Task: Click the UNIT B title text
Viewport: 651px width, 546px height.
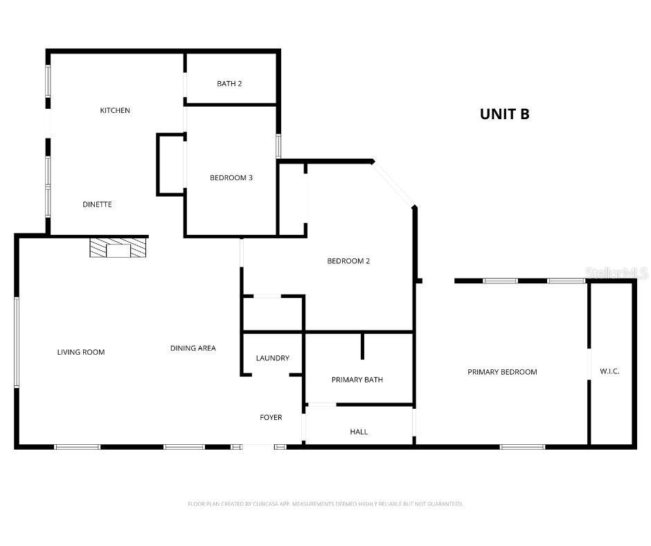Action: pos(504,114)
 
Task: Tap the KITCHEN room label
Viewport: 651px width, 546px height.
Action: pos(115,110)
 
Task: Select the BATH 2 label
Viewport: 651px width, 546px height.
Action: pos(229,84)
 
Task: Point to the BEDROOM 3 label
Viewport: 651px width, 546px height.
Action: pos(231,177)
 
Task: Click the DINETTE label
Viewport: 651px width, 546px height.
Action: pos(97,204)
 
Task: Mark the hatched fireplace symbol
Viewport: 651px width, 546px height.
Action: pos(118,248)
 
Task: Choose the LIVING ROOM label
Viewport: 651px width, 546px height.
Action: pos(81,352)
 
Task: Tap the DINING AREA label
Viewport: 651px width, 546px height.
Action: pos(193,348)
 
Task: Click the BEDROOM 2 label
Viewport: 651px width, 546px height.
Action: pos(348,261)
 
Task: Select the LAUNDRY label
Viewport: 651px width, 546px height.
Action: pos(272,358)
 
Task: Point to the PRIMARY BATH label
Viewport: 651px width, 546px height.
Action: pos(357,380)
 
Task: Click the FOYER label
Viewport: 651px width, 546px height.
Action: pos(271,417)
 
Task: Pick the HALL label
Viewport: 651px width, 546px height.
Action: pos(359,432)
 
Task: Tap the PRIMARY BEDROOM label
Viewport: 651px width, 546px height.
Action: pos(502,372)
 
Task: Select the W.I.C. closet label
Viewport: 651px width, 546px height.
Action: pos(609,371)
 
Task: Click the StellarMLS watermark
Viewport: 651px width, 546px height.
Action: pos(616,274)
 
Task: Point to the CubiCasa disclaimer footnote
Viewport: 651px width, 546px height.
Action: pos(325,504)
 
